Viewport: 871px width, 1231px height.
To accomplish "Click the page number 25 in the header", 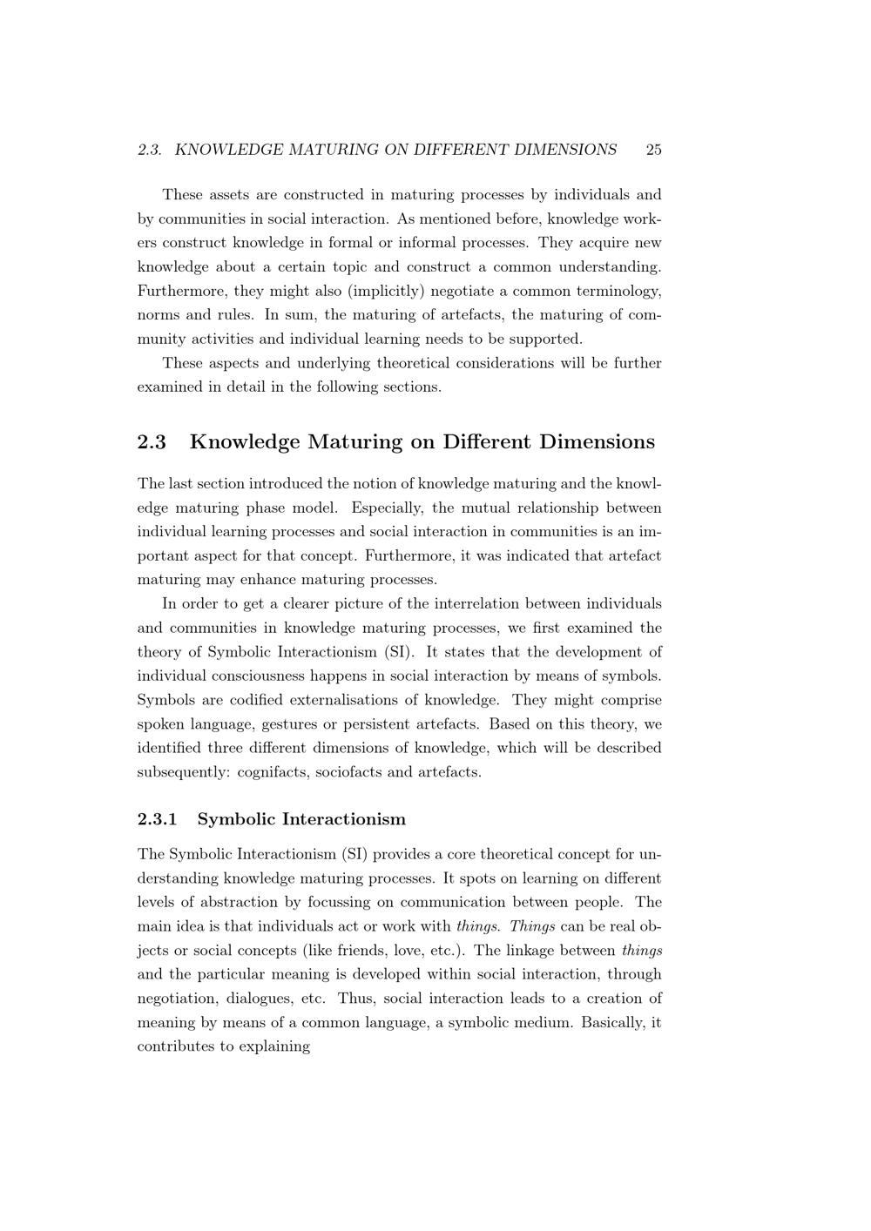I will coord(653,150).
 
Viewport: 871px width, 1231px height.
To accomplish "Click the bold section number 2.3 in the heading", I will coord(152,442).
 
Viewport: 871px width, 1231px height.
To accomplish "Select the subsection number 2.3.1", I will coord(158,819).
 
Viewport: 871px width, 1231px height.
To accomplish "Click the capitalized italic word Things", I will coord(532,926).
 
